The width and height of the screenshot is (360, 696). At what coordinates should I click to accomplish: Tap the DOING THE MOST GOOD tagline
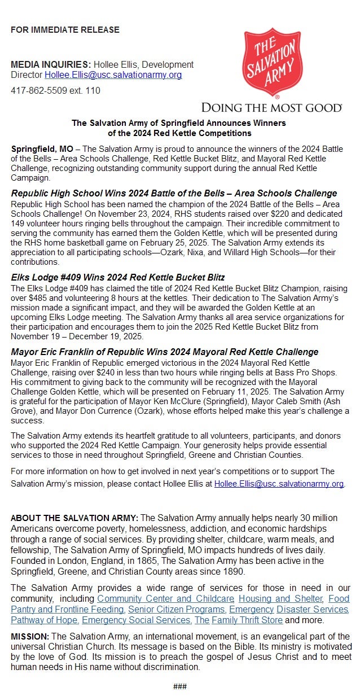(x=271, y=107)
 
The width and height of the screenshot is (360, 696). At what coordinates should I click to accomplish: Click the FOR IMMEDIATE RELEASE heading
(x=65, y=29)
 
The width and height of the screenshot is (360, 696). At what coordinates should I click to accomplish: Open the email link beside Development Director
(x=113, y=75)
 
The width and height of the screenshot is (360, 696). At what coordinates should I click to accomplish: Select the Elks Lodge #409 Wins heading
(x=118, y=277)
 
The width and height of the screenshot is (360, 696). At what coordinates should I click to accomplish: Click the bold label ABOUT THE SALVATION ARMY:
(x=74, y=518)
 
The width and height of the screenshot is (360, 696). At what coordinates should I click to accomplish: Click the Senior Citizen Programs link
(x=177, y=609)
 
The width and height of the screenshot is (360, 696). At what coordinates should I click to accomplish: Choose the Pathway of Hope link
(x=45, y=620)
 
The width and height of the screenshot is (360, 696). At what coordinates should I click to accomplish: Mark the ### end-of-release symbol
(x=180, y=686)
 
